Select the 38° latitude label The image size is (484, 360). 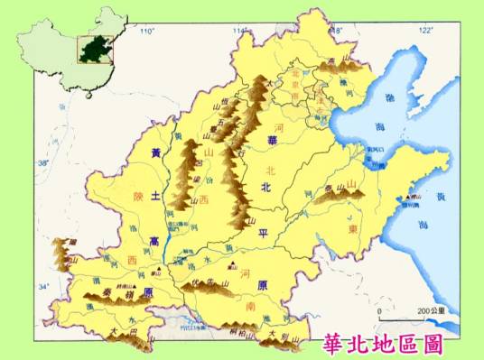pyautogui.click(x=42, y=163)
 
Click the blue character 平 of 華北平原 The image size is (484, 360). pyautogui.click(x=264, y=232)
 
